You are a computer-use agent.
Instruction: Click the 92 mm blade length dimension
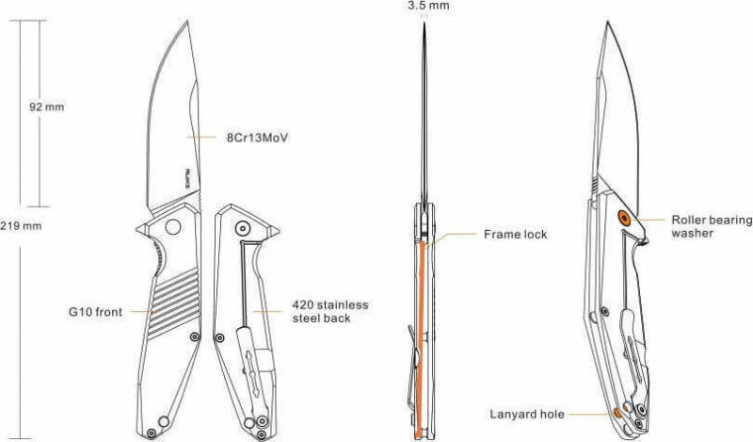(46, 106)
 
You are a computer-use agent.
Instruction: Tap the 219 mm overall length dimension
(21, 225)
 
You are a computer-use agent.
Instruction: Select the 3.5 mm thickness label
(428, 6)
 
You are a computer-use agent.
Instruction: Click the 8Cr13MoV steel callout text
(257, 138)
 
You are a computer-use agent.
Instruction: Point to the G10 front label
(96, 312)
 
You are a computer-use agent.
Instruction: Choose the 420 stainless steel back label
(330, 311)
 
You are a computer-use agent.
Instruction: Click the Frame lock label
(515, 235)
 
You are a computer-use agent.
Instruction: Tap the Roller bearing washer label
(712, 226)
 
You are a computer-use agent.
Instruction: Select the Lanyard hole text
(527, 414)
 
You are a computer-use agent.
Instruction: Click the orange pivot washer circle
(624, 219)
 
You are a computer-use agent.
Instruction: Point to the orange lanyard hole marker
(617, 413)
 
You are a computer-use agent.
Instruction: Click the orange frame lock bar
(421, 339)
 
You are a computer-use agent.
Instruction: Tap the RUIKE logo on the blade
(187, 178)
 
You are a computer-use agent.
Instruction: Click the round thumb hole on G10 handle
(172, 226)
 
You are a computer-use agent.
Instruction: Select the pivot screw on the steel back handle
(243, 227)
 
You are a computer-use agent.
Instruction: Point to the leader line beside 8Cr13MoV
(201, 138)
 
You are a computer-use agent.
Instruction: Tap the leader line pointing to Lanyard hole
(590, 414)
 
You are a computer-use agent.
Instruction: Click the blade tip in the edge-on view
(425, 23)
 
